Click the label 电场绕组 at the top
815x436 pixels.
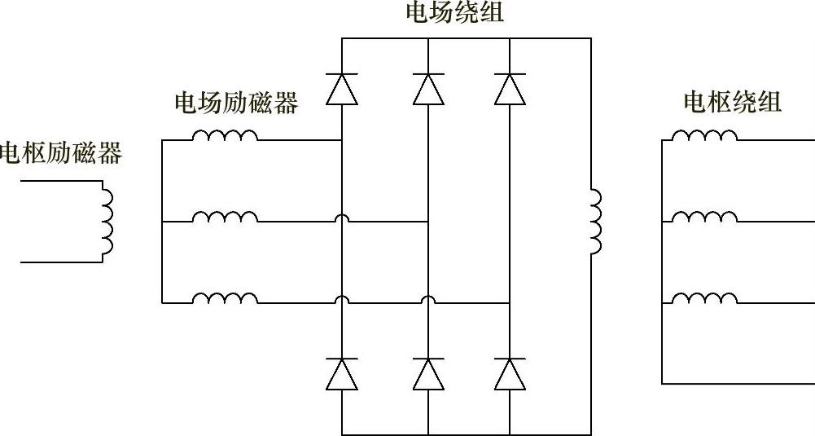click(x=455, y=12)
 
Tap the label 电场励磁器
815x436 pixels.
click(x=236, y=103)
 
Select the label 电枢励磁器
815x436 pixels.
click(x=60, y=152)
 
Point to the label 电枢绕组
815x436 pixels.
click(x=733, y=102)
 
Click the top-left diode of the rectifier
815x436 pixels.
click(x=342, y=89)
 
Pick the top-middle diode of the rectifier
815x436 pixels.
click(x=428, y=89)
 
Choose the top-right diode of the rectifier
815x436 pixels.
click(x=510, y=89)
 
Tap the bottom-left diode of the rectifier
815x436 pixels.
click(x=342, y=374)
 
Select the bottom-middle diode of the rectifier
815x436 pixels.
click(x=428, y=374)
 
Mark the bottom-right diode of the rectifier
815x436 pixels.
click(x=510, y=374)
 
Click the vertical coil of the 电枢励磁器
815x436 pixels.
click(x=107, y=221)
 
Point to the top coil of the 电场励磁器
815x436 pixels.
click(x=225, y=135)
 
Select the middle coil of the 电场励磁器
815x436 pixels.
click(x=225, y=216)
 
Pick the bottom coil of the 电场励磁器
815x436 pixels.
click(x=225, y=297)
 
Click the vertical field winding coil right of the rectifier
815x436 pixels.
click(x=595, y=222)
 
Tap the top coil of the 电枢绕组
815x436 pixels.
click(x=705, y=135)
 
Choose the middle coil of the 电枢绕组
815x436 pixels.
click(x=705, y=216)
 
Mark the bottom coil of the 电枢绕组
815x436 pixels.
click(x=705, y=297)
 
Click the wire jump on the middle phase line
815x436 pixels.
click(x=342, y=218)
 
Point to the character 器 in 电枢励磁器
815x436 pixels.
click(x=109, y=152)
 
